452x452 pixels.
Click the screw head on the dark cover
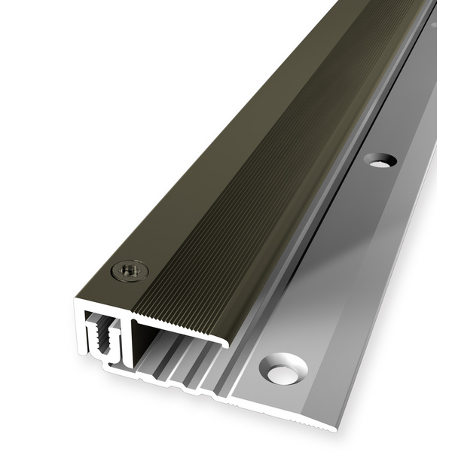pos(130,270)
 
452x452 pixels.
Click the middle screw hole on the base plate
pos(380,160)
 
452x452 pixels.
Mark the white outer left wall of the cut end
pos(79,331)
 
